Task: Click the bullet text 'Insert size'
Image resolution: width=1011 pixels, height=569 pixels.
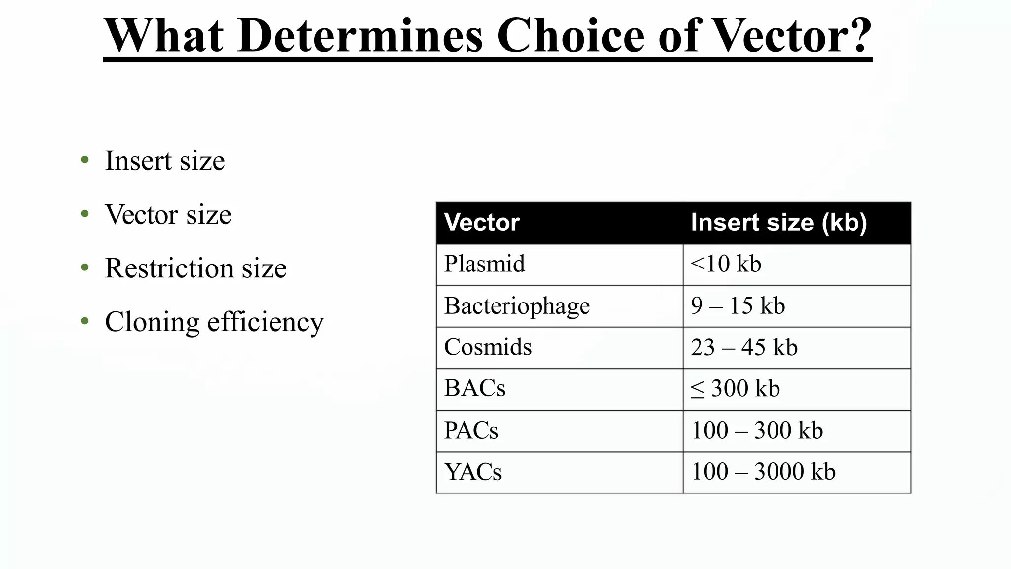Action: tap(165, 161)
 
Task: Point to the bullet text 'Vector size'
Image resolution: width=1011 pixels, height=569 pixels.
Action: tap(168, 215)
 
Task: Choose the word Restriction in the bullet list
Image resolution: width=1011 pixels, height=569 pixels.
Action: tap(169, 268)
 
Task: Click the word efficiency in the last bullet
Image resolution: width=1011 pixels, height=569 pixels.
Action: tap(266, 322)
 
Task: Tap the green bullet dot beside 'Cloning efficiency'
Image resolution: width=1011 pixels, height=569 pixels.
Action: tap(85, 321)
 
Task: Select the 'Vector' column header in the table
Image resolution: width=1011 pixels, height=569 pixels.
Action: tap(482, 223)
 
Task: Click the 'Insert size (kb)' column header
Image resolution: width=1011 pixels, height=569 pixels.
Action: tap(778, 223)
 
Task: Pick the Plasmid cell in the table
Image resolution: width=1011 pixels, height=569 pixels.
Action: tap(484, 264)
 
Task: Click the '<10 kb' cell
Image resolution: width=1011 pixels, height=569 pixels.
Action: tap(726, 264)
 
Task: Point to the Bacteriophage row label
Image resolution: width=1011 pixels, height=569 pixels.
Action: tap(517, 306)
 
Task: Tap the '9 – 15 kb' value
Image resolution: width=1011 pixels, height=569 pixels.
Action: tap(738, 306)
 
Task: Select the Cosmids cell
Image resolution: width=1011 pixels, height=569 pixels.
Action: tap(488, 347)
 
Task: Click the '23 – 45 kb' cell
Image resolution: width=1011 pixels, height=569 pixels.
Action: tap(744, 347)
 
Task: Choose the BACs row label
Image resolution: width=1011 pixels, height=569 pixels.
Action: tap(474, 388)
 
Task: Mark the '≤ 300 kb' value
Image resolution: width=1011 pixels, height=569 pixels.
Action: tap(735, 389)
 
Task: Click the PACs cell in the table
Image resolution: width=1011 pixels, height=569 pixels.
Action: tap(471, 430)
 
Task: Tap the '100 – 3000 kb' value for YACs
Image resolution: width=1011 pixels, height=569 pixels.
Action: tap(763, 472)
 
